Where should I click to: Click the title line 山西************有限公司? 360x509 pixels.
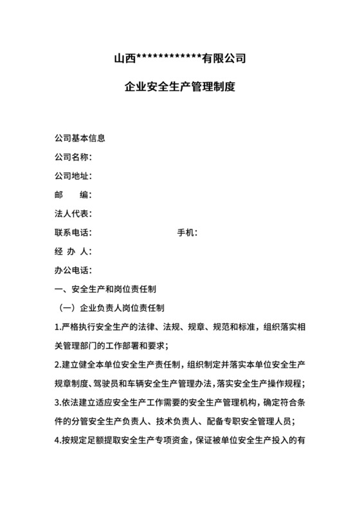180,60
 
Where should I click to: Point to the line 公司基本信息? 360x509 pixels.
80,138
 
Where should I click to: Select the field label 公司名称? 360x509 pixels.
74,157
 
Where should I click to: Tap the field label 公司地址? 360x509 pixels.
74,175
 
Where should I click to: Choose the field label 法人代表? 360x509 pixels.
74,213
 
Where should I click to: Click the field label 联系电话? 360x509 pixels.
74,233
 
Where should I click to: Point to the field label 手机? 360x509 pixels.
187,233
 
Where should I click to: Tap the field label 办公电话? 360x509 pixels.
74,270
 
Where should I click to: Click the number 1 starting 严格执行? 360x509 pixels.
58,327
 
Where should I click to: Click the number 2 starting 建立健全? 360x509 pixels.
58,365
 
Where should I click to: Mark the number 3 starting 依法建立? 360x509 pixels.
58,403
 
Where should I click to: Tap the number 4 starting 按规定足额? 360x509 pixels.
58,441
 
